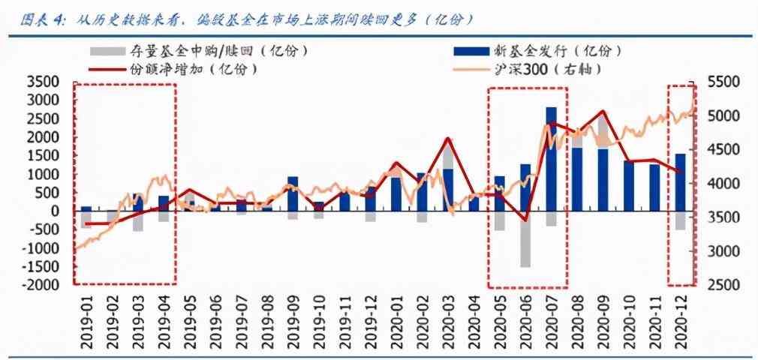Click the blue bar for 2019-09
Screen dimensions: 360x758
click(293, 193)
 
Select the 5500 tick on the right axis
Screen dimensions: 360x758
click(725, 81)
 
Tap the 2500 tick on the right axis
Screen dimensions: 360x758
click(725, 285)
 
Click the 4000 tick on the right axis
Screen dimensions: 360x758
click(725, 183)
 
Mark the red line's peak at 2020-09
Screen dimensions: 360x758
click(603, 112)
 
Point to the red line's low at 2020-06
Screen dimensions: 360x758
click(525, 220)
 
